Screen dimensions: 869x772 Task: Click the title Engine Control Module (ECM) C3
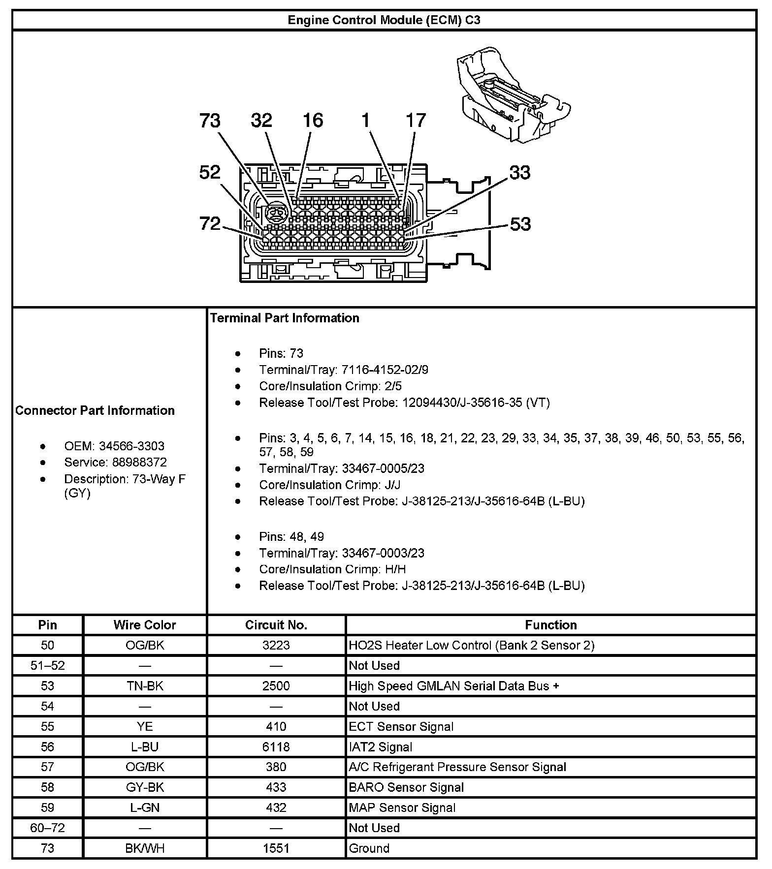point(384,20)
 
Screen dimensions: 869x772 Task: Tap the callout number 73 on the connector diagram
point(210,121)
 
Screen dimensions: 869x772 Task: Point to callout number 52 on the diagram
point(210,172)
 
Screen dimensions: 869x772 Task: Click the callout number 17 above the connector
point(416,121)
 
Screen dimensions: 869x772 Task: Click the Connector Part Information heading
point(95,410)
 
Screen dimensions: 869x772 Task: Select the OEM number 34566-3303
point(131,446)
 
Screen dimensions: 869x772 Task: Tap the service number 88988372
point(132,462)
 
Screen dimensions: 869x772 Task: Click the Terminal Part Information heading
point(285,318)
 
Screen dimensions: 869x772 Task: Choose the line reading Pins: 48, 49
point(291,536)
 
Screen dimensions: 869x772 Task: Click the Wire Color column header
point(145,625)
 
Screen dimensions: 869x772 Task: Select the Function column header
point(550,625)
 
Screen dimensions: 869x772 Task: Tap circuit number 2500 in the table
point(276,686)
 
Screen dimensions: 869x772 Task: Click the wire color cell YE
point(145,726)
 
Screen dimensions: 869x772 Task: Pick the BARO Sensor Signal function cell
point(406,787)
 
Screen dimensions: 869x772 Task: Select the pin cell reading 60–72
point(48,828)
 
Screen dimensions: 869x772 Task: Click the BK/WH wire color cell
point(145,848)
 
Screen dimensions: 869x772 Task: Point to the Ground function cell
point(369,848)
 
